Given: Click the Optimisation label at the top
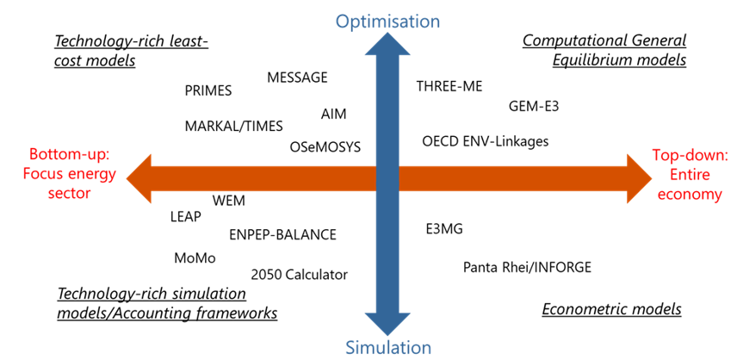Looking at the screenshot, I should coord(387,21).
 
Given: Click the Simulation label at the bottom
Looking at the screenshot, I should coord(387,347).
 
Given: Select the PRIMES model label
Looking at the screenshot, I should coord(208,90).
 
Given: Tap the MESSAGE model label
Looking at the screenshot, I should coord(297,78).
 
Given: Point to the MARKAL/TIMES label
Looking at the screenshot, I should coord(233,126).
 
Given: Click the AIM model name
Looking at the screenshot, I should coord(334,114).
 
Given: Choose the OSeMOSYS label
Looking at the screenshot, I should coord(325,147).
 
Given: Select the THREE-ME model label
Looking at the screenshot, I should coord(449,86).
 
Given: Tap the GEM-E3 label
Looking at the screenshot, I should coord(534,106).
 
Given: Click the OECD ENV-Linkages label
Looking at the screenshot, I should coord(485,140).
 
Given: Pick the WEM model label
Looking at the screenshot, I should coord(228,201).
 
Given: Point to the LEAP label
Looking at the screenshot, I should coord(186,217).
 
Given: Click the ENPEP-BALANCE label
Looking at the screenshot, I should coord(282,234).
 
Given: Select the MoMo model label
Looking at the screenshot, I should coord(195,258).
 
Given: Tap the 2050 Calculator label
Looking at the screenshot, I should coord(299,275).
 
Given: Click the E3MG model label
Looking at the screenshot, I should coord(443,229).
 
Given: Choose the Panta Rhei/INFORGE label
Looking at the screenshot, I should coord(527,267).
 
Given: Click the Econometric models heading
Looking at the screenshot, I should coord(611,308).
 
